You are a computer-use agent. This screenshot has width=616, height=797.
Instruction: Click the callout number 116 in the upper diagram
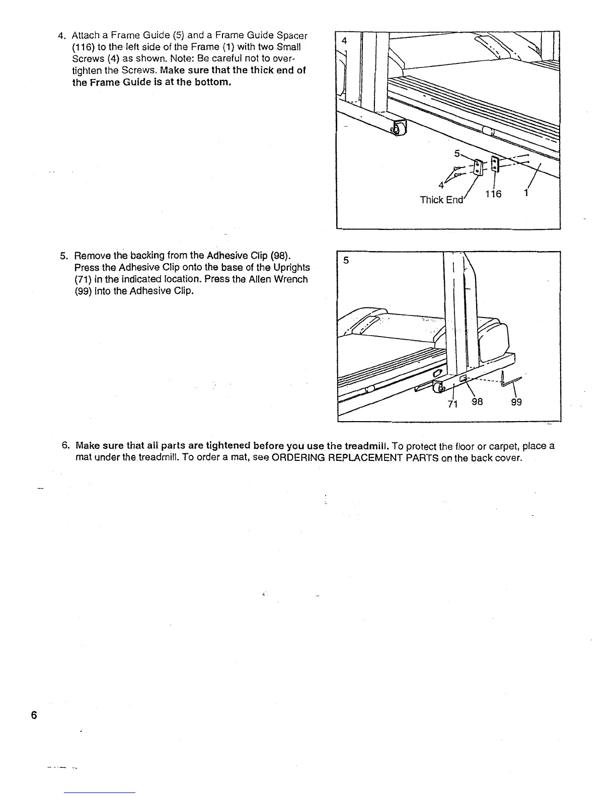coord(493,194)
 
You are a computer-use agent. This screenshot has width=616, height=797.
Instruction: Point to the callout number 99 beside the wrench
coord(516,402)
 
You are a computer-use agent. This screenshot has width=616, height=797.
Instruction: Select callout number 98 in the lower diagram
coord(476,402)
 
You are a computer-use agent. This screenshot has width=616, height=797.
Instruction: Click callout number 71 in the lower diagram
coord(452,404)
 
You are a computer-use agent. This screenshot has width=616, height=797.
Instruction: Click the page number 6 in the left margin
coord(34,715)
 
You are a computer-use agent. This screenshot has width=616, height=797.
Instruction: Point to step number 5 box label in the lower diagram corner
coord(346,260)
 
